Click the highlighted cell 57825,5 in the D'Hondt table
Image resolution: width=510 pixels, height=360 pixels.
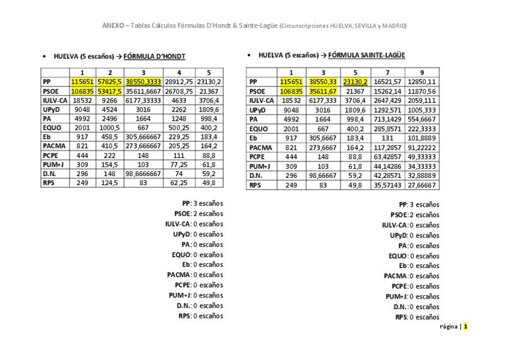coord(110,82)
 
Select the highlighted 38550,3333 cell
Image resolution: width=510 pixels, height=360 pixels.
coord(143,82)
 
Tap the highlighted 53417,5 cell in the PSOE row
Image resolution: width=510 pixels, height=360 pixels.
coord(110,91)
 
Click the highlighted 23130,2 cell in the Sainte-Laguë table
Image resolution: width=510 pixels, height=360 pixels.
coord(355,82)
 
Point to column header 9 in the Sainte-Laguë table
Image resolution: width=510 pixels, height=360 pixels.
coord(422,72)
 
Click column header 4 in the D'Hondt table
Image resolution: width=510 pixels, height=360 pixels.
coord(179,72)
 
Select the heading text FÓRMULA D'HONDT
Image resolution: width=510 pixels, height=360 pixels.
coord(155,56)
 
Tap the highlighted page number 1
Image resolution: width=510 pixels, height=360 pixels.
coord(465,327)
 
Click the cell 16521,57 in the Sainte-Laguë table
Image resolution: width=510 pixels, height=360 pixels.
coord(387,82)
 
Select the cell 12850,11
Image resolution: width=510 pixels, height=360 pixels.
coord(422,82)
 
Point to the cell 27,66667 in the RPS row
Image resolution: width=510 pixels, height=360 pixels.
coord(422,185)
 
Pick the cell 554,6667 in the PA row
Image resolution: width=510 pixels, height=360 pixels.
coord(422,119)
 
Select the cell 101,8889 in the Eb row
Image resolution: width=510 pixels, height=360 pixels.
coord(422,138)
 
